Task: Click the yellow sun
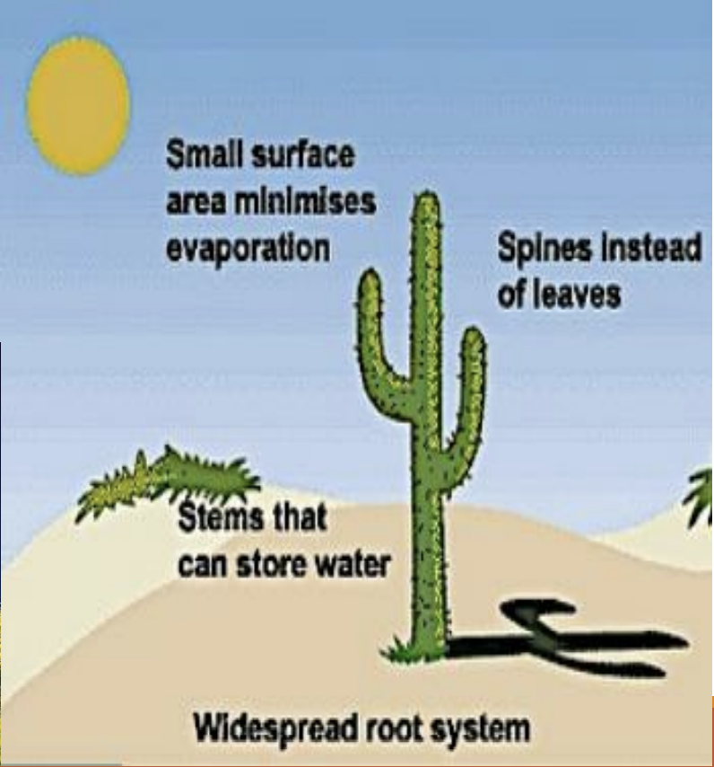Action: [x=78, y=106]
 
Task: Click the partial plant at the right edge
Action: [x=701, y=498]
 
